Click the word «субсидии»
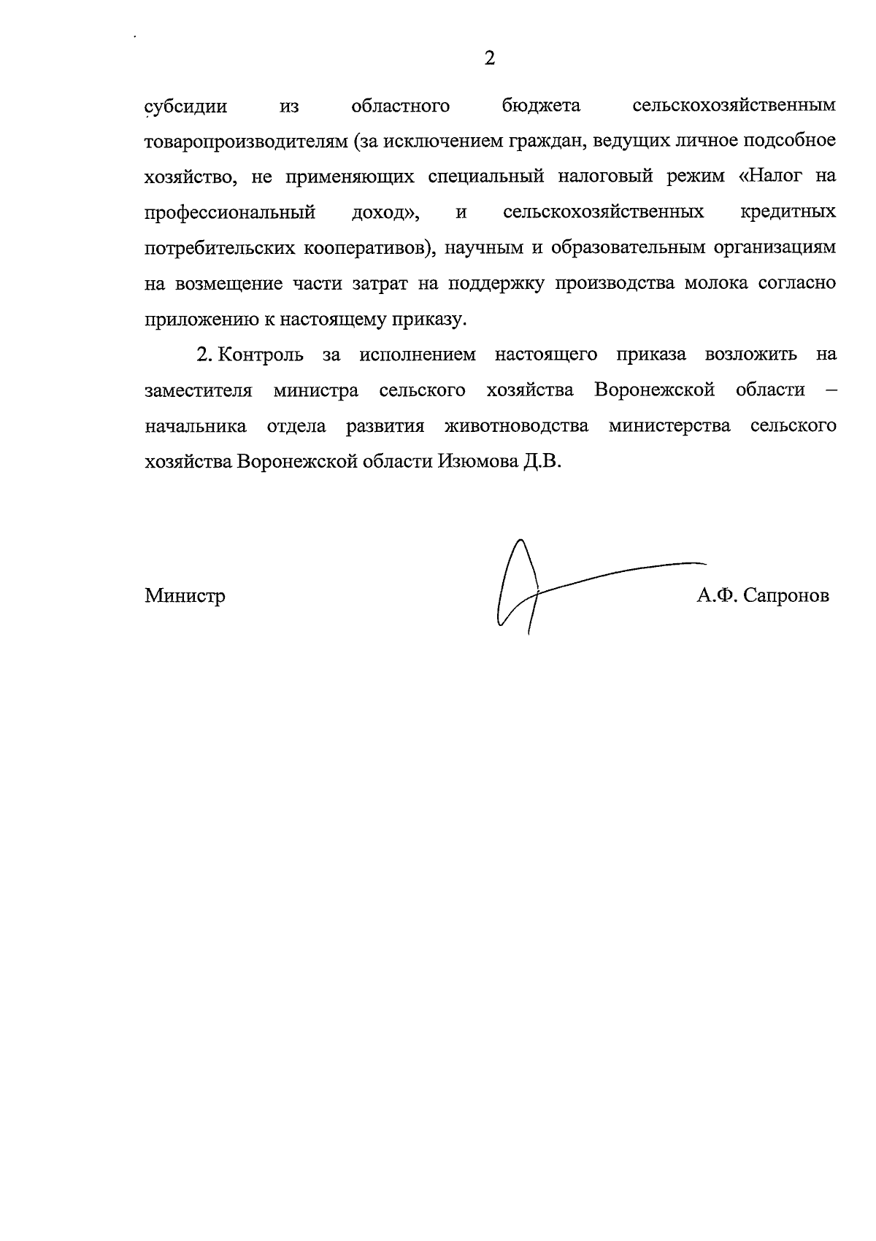click(186, 107)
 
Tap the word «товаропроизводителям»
click(244, 142)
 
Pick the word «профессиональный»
click(230, 213)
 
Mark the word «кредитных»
click(788, 212)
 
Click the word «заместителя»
click(199, 390)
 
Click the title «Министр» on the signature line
click(185, 596)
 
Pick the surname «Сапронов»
click(788, 597)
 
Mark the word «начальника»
click(196, 426)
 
